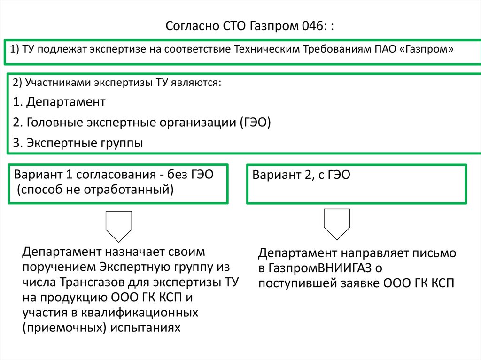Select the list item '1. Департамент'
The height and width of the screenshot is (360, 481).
59,102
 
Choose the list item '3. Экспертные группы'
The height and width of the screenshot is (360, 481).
78,143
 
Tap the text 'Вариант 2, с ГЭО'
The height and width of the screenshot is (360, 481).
302,176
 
